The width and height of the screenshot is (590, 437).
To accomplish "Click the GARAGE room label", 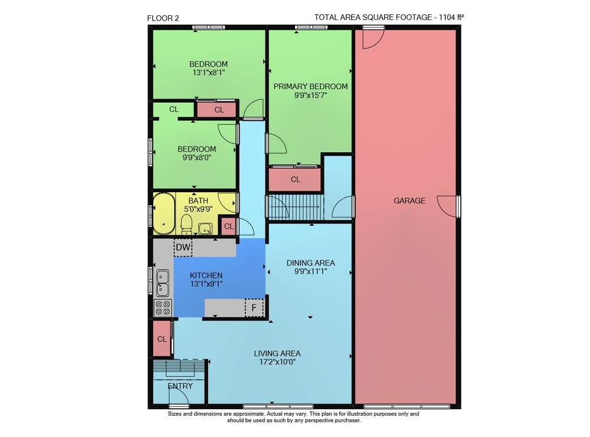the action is pyautogui.click(x=409, y=201).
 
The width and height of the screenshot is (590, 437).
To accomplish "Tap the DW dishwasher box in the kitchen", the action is pyautogui.click(x=183, y=248).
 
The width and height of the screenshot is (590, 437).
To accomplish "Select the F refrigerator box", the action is pyautogui.click(x=254, y=308).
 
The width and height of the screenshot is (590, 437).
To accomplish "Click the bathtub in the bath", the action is pyautogui.click(x=163, y=213).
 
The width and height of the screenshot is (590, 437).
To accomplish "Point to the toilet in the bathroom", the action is pyautogui.click(x=186, y=225).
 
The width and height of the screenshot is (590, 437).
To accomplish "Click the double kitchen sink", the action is pyautogui.click(x=163, y=283).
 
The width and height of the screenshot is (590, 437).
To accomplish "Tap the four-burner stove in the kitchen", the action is pyautogui.click(x=163, y=307).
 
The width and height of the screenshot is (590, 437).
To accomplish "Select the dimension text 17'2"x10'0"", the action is pyautogui.click(x=277, y=362).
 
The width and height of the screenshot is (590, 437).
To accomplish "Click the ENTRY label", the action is pyautogui.click(x=180, y=386).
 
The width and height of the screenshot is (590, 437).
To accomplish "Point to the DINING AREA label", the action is pyautogui.click(x=310, y=263).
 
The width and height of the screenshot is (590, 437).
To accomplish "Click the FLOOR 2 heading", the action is pyautogui.click(x=163, y=18).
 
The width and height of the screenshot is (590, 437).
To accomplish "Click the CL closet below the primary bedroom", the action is pyautogui.click(x=296, y=180).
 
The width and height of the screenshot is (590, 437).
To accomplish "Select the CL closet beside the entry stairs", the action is pyautogui.click(x=162, y=339).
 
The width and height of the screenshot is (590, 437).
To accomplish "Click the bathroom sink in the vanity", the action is pyautogui.click(x=205, y=228).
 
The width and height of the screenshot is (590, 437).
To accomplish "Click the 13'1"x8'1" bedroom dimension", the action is pyautogui.click(x=208, y=73).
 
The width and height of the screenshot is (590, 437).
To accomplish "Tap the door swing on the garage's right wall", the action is pyautogui.click(x=447, y=206).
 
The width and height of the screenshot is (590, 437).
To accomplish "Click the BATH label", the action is pyautogui.click(x=198, y=201).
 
